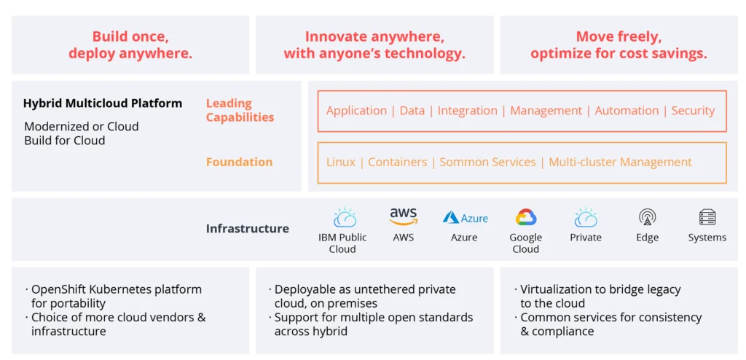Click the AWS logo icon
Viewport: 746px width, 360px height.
coord(404,216)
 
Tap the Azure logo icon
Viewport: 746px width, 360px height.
coord(465,218)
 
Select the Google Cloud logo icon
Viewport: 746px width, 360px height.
coord(526,217)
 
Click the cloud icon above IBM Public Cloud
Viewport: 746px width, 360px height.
coord(345,218)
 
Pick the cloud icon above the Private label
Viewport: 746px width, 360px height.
coord(586,218)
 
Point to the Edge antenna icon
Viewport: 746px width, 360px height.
coord(647,218)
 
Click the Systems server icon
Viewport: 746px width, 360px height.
coord(707,218)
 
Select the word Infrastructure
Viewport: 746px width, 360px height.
coord(248,229)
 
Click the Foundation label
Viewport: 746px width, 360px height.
coord(239,162)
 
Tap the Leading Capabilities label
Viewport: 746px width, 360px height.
coord(240,110)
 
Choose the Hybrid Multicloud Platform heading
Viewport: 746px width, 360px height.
coord(103,103)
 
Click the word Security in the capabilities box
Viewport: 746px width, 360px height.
coord(693,111)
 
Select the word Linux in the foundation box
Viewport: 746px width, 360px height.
coord(341,162)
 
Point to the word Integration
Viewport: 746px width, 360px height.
coord(467,111)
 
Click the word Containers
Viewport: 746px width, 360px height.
coord(397,162)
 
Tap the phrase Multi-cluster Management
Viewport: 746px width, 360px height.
coord(620,162)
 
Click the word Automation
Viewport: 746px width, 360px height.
coord(627,111)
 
